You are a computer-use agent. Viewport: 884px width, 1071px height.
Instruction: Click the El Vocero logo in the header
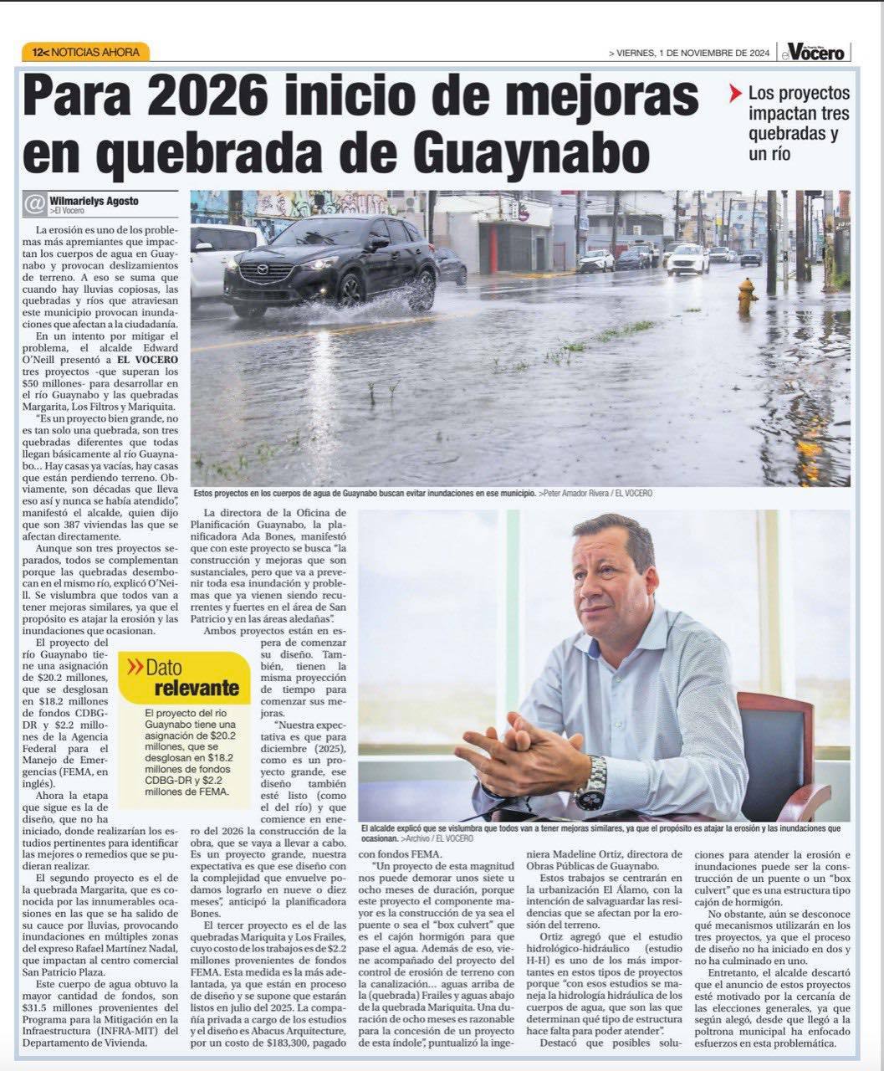tap(815, 51)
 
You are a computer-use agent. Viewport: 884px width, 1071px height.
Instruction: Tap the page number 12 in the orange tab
tap(38, 52)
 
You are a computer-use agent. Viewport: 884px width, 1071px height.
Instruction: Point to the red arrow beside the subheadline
tap(735, 94)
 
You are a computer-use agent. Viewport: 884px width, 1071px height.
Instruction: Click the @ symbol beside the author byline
tap(34, 204)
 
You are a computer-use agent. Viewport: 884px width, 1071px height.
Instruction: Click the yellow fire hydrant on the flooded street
tap(747, 295)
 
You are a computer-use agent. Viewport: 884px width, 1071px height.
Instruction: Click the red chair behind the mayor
tap(778, 753)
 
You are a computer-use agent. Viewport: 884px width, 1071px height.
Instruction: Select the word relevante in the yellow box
tap(197, 689)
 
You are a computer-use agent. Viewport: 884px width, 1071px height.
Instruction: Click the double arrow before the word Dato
tap(134, 668)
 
